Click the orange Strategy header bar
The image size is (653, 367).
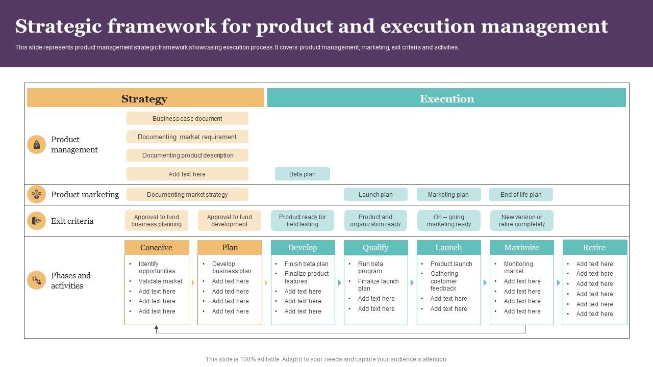(x=145, y=98)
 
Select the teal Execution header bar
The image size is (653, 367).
(x=446, y=98)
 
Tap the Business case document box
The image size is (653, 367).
(x=187, y=118)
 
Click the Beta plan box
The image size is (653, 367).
(x=303, y=174)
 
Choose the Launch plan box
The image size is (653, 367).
(x=375, y=194)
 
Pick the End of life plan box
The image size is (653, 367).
(x=521, y=194)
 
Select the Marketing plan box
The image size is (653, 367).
(x=448, y=194)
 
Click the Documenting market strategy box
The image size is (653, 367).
(x=187, y=194)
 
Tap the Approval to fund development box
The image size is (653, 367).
(x=230, y=221)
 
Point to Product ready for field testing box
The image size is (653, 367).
(x=303, y=221)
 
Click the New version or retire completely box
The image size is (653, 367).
(x=522, y=221)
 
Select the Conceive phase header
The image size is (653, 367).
(x=157, y=248)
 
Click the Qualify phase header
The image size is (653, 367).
(x=375, y=248)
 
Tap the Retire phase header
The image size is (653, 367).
(x=595, y=248)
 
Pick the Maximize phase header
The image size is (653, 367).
(x=521, y=248)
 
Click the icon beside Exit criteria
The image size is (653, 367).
(x=36, y=221)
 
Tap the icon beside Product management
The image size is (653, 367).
(x=36, y=145)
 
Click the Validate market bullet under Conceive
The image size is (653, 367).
(x=160, y=281)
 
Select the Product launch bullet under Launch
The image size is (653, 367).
(x=451, y=264)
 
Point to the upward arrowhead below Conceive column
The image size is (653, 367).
(x=157, y=328)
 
